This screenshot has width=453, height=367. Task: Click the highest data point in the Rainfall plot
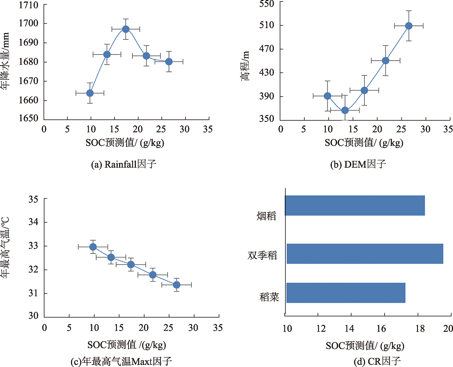pos(126,29)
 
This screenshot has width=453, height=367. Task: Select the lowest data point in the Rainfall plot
pos(90,93)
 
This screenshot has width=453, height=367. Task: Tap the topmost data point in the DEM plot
pos(409,26)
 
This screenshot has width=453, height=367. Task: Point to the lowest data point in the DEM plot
pos(345,110)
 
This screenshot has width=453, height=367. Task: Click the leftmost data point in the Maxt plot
pos(93,247)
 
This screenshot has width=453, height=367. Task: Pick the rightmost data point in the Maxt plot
pos(177,285)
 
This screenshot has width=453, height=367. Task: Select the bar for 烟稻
pos(355,206)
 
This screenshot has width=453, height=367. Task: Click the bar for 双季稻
pos(365,254)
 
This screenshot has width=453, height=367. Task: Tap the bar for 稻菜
pos(346,293)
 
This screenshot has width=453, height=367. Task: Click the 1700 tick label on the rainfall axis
pos(29,23)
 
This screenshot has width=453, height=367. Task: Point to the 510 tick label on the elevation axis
pos(267,25)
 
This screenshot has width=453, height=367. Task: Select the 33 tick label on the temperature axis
pos(34,246)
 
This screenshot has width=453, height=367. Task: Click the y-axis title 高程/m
pos(245,66)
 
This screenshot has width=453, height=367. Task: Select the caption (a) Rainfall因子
pos(124,164)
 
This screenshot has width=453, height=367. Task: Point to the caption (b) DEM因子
pos(358,164)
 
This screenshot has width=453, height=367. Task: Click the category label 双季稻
pos(262,256)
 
